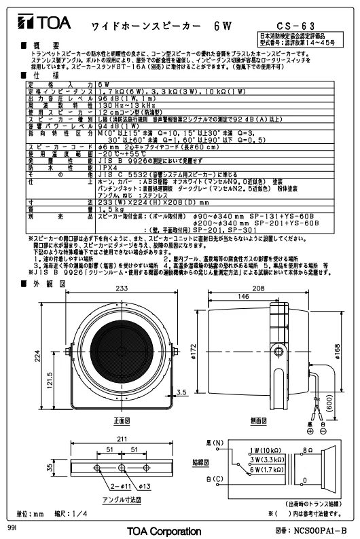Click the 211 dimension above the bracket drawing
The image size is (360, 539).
[x=122, y=441]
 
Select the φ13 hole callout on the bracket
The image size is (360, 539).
[x=141, y=486]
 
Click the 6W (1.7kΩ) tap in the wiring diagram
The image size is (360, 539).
[x=266, y=469]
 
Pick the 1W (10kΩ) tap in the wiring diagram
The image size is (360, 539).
[x=266, y=450]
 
